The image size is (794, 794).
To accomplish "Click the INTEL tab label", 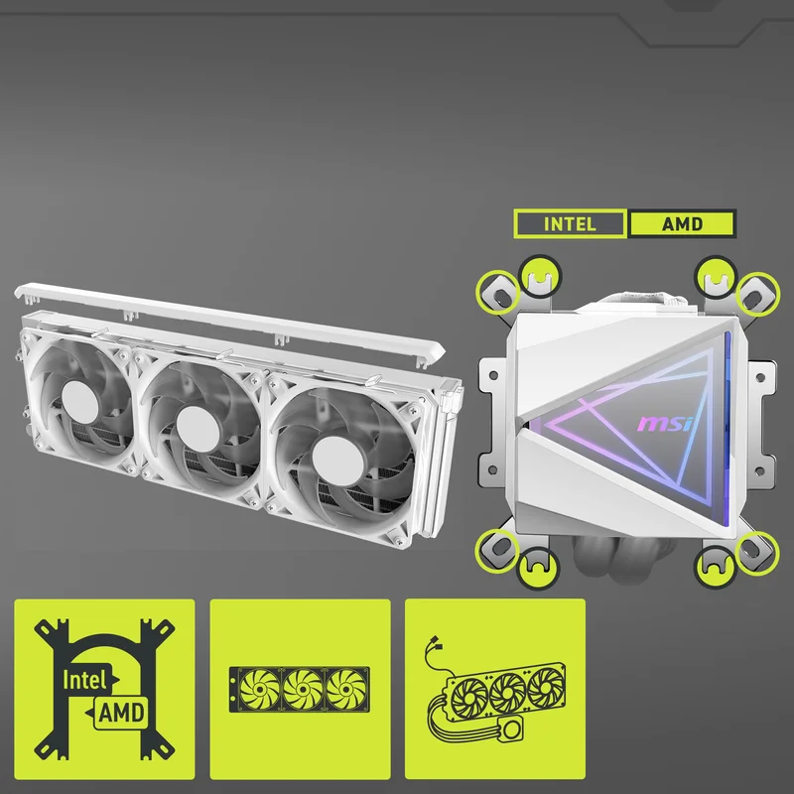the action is [x=570, y=224].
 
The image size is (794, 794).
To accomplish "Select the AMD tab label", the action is [x=682, y=224].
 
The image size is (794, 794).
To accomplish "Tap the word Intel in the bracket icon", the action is [x=84, y=680].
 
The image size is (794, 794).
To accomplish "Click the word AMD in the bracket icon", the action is [x=121, y=713].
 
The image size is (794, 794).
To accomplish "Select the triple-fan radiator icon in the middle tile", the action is [x=300, y=689].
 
